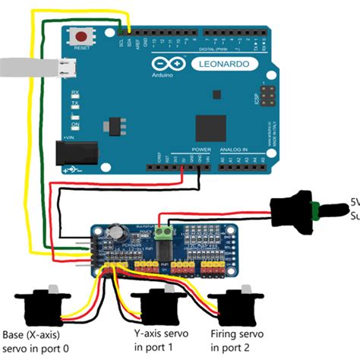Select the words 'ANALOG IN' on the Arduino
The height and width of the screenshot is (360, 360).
pos(232,150)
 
